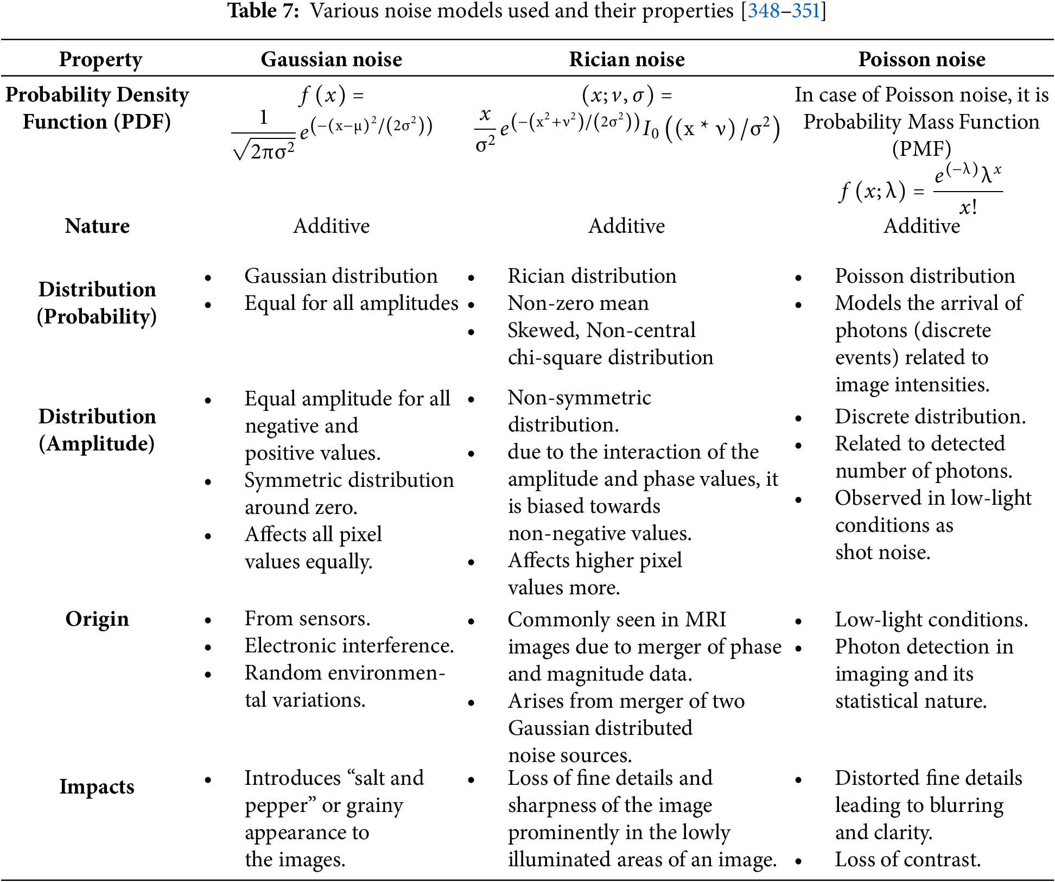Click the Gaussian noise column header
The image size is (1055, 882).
[x=331, y=59]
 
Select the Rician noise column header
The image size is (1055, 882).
[x=627, y=59]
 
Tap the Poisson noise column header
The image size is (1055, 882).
[x=921, y=59]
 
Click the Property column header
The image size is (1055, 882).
[x=100, y=59]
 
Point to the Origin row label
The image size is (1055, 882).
[x=97, y=619]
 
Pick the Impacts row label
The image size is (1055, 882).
[x=97, y=786]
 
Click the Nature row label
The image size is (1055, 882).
[x=97, y=226]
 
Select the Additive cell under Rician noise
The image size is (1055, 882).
[x=626, y=226]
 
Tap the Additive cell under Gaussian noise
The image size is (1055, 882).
[x=331, y=226]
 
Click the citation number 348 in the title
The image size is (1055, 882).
[x=764, y=11]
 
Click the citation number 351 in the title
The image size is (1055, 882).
[x=806, y=11]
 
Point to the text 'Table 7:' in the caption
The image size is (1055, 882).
[x=263, y=11]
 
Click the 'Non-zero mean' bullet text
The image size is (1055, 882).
[x=578, y=303]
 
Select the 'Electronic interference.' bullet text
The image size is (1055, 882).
[x=349, y=646]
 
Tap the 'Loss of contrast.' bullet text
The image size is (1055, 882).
[x=907, y=860]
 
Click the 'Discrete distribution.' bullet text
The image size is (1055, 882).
[x=930, y=417]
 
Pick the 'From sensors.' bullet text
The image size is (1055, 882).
[x=307, y=619]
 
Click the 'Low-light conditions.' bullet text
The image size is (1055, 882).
[x=931, y=620]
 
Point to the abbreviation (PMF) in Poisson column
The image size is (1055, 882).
[x=921, y=149]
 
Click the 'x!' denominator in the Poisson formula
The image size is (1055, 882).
[x=968, y=207]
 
